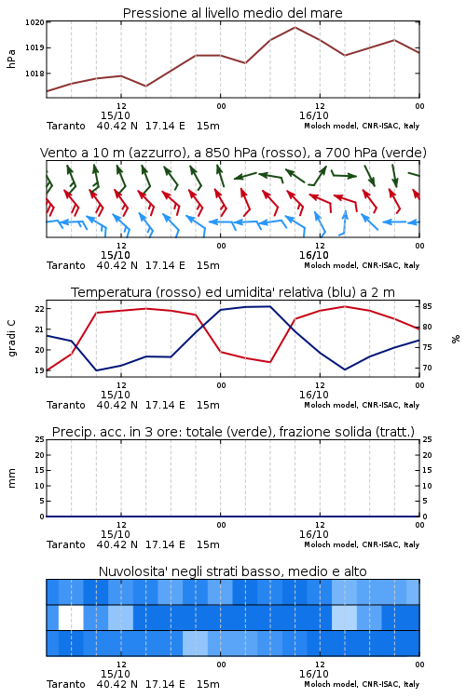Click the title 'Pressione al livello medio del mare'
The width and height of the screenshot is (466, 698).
pos(232,13)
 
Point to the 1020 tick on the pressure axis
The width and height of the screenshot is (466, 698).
pos(34,22)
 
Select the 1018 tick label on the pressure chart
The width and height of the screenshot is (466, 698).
pos(34,74)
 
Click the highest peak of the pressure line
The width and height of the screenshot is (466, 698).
pos(295,27)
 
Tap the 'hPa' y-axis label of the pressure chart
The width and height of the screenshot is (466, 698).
pos(11,59)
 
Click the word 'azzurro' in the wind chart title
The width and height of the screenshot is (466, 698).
pos(157,153)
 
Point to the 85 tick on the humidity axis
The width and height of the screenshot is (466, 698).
pos(427,306)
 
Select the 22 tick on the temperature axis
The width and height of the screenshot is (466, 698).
pos(39,309)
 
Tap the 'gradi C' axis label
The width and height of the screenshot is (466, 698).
pos(12,339)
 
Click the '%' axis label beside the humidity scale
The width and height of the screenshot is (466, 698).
pos(456,339)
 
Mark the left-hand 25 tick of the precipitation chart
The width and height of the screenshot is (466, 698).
pos(39,439)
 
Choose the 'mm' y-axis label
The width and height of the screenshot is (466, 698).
pos(12,478)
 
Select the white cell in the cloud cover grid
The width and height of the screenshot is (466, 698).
pos(71,617)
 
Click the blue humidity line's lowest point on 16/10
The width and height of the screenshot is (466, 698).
pos(344,369)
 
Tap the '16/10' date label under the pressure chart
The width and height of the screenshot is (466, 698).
pos(314,115)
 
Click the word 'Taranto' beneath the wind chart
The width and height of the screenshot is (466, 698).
pos(65,265)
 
